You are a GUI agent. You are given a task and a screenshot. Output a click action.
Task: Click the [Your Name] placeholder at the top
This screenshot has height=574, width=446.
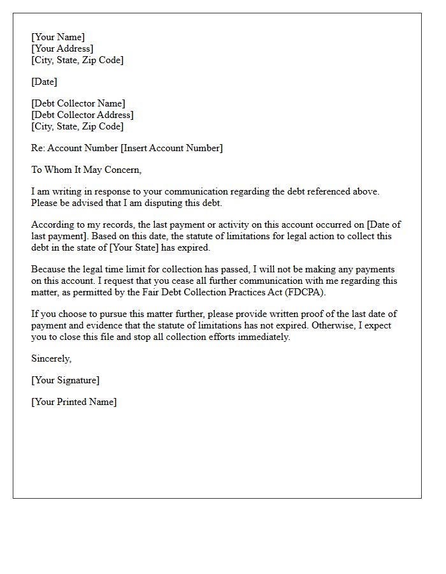point(58,38)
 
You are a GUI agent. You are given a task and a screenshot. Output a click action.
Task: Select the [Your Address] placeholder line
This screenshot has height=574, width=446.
point(62,49)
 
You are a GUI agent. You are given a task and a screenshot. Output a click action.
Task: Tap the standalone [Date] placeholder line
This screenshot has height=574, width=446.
point(44,82)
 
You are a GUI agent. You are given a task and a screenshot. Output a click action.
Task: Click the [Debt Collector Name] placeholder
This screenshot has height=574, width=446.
point(78,103)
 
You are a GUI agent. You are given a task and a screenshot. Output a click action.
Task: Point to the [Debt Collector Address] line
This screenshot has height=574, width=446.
point(82,115)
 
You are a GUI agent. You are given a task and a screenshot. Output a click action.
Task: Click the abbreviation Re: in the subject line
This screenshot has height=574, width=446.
point(38,148)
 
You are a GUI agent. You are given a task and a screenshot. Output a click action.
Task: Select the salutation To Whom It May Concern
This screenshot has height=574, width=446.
point(86,170)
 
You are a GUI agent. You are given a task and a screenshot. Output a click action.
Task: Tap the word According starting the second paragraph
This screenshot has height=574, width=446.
point(52,224)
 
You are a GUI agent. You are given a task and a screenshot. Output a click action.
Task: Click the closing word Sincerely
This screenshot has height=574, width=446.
point(51,358)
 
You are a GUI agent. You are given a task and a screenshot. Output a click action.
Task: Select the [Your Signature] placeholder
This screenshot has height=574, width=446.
point(65,380)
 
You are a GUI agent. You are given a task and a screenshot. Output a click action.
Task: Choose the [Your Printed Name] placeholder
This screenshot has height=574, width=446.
point(74,402)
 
